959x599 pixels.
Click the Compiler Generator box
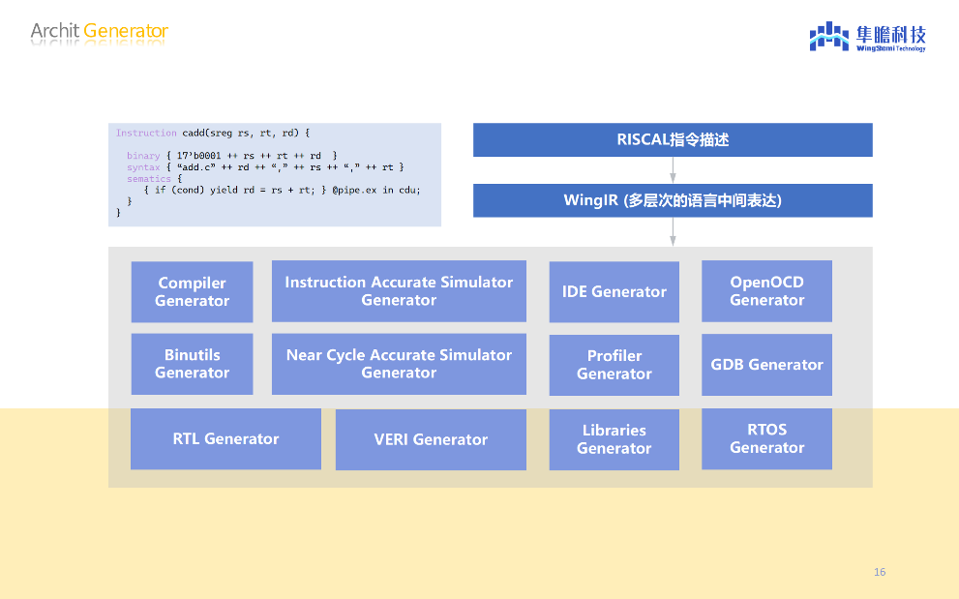click(x=192, y=291)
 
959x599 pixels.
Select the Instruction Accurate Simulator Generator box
click(x=399, y=290)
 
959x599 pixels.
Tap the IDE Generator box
click(x=614, y=291)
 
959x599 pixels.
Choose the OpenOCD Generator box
click(x=766, y=290)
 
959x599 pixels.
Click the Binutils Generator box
click(x=192, y=364)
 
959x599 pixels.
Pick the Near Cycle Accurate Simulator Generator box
click(x=399, y=364)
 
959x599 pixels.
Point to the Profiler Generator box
click(x=614, y=365)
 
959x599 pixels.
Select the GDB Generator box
click(x=766, y=365)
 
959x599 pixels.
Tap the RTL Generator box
click(x=225, y=438)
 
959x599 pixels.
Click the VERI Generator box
click(x=431, y=439)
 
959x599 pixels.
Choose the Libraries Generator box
click(x=614, y=439)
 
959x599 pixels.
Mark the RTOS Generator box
click(x=766, y=438)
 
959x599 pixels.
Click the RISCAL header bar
click(x=673, y=139)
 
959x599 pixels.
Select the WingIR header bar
click(x=673, y=200)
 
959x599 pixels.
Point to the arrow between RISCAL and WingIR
click(x=673, y=170)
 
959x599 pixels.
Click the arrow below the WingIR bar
click(x=673, y=231)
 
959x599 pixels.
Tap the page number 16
click(x=879, y=572)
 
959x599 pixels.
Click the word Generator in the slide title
click(x=126, y=31)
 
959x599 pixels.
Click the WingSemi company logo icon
click(x=828, y=37)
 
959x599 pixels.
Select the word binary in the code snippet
click(x=143, y=156)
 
